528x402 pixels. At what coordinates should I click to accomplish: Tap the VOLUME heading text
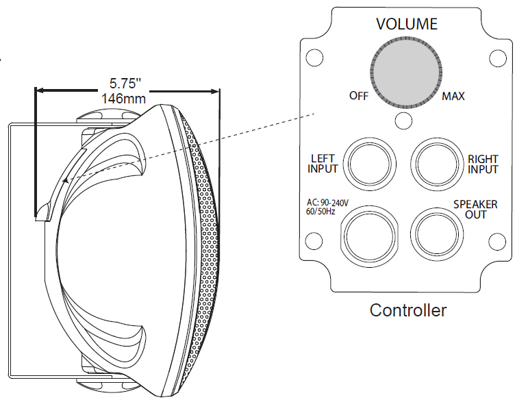pyautogui.click(x=407, y=25)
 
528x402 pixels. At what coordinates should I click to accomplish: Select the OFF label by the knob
pyautogui.click(x=359, y=96)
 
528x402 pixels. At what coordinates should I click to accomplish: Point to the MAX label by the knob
pyautogui.click(x=453, y=96)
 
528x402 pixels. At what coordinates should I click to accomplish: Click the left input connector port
pyautogui.click(x=370, y=164)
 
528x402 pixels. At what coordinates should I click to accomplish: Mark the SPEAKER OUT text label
pyautogui.click(x=475, y=210)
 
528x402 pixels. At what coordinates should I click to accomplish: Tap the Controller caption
pyautogui.click(x=408, y=310)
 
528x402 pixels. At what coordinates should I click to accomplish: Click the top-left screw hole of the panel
pyautogui.click(x=314, y=59)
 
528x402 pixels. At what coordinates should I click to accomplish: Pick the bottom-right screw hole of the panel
pyautogui.click(x=498, y=240)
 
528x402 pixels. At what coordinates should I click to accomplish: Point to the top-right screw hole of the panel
pyautogui.click(x=498, y=59)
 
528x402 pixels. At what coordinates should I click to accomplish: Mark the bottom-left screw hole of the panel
pyautogui.click(x=314, y=240)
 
